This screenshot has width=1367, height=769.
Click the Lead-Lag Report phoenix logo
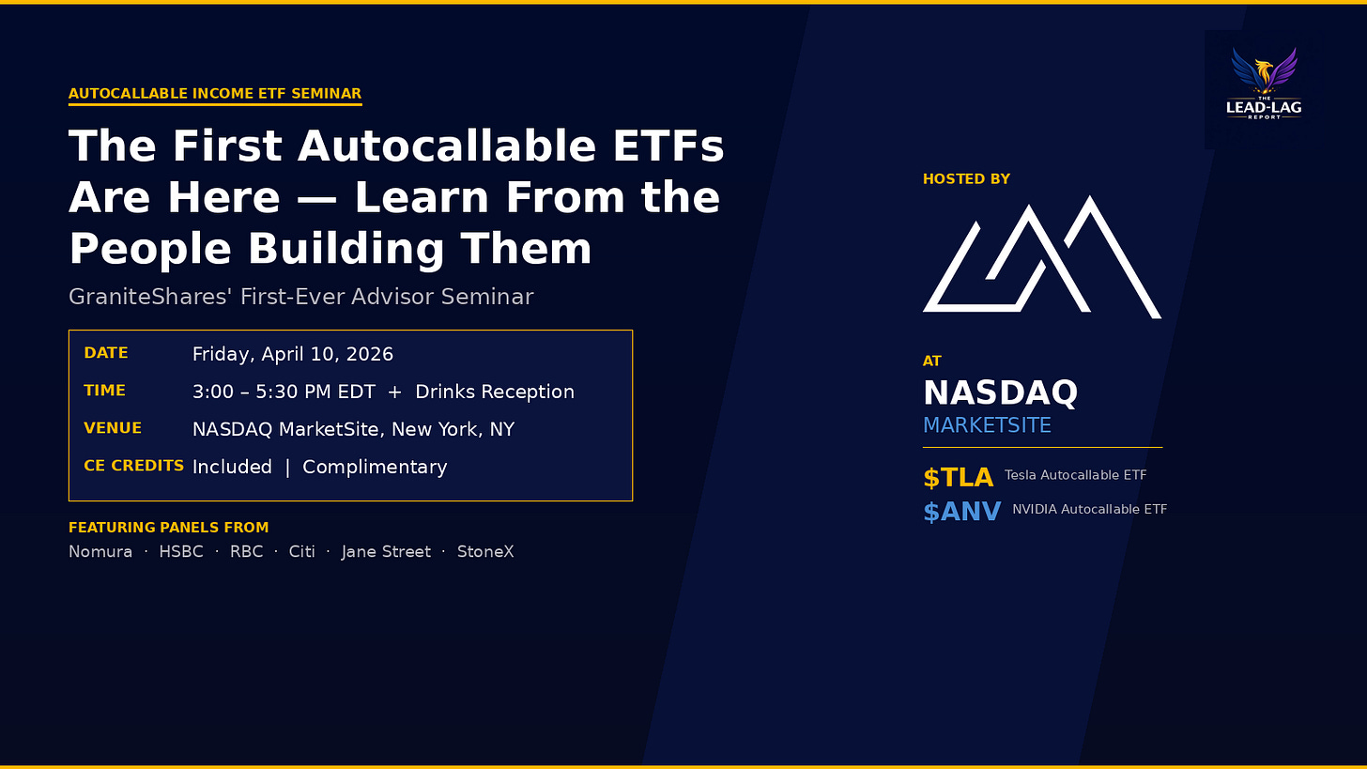coord(1264,85)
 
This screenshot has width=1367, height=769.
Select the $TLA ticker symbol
coord(958,478)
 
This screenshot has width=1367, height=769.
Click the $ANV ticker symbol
coord(961,512)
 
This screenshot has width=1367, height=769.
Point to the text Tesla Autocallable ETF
coord(1075,475)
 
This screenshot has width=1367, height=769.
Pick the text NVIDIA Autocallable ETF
coord(1089,509)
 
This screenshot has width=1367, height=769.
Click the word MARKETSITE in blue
coord(987,425)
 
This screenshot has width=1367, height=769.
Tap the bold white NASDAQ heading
coord(1000,392)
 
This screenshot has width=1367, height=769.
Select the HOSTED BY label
coord(966,179)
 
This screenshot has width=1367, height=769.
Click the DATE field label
coord(106,353)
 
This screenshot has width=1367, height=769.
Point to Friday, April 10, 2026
coord(293,354)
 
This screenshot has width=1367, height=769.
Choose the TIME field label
coord(104,391)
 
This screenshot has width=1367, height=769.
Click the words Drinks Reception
coord(495,392)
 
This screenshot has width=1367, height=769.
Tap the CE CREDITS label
coord(134,466)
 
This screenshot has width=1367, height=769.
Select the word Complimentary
coord(375,467)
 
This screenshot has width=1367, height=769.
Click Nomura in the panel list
coord(100,551)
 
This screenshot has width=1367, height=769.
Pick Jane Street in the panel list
coord(386,551)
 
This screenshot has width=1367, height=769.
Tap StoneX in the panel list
coord(485,551)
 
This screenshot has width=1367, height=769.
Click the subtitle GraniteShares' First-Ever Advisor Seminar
coord(300,297)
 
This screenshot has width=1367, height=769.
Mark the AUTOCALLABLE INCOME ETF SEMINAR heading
coord(215,94)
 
